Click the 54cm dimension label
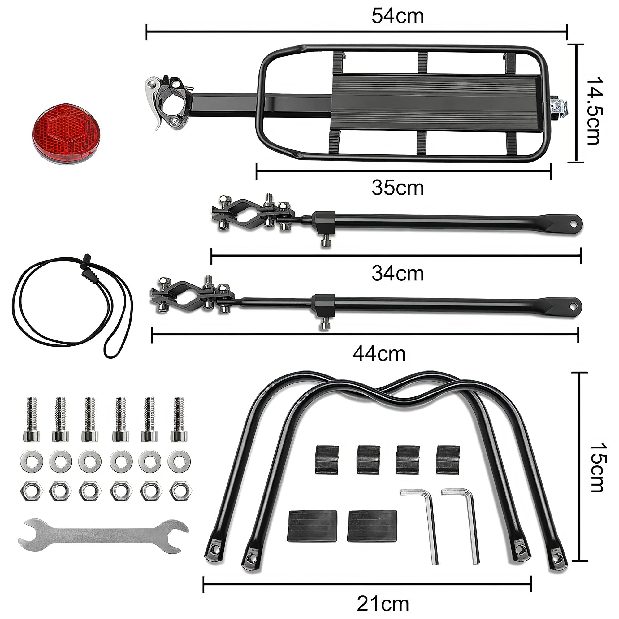click(397, 16)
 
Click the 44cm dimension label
click(379, 354)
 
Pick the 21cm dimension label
click(383, 604)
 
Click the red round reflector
click(66, 133)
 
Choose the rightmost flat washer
click(179, 461)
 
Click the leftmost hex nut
click(31, 491)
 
